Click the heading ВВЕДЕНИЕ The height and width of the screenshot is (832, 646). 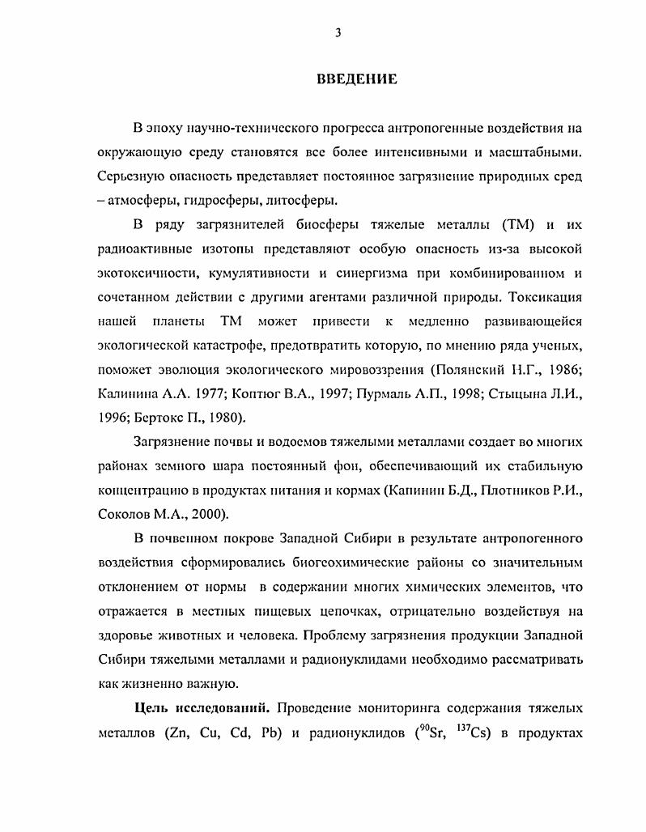pos(355,79)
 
